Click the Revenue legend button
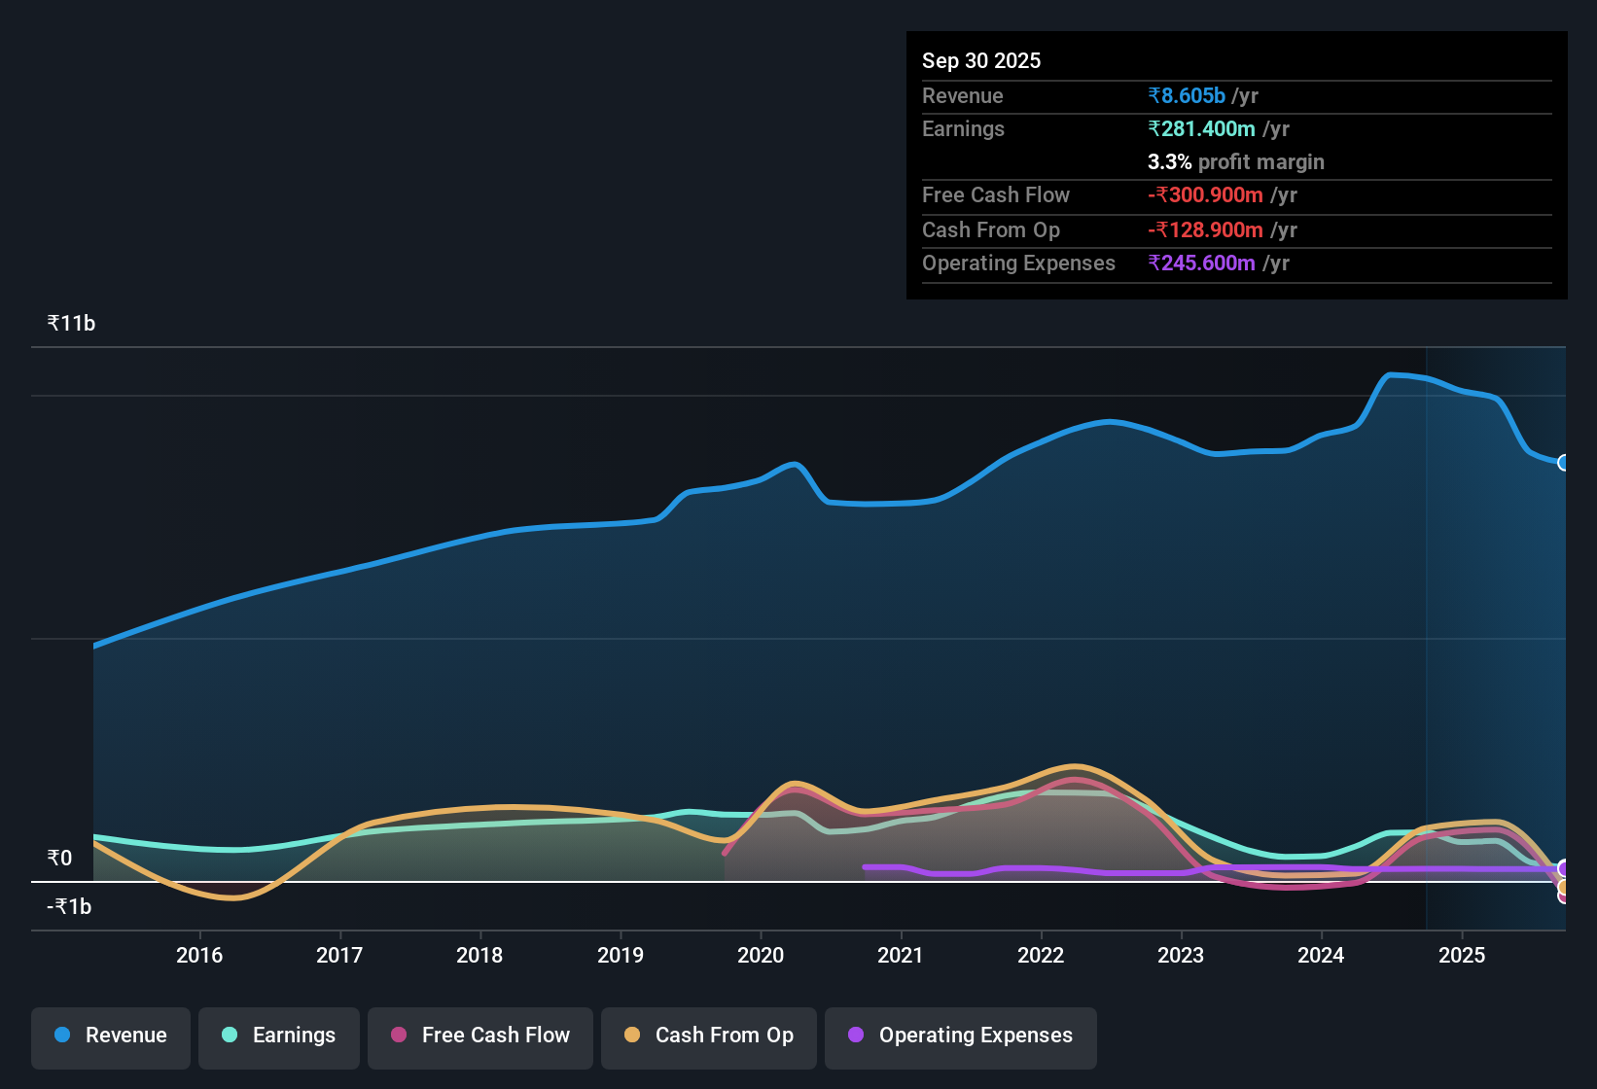coord(111,1036)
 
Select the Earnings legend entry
coord(279,1036)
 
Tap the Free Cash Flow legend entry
coord(480,1036)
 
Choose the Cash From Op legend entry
coord(709,1036)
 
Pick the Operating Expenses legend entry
coord(961,1036)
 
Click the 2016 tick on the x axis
coord(199,955)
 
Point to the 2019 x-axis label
coord(621,955)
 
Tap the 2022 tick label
coord(1041,955)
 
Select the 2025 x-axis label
coord(1462,955)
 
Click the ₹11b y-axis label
coord(71,324)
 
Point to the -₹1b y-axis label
coord(69,906)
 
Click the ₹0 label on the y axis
coord(59,858)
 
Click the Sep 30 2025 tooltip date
coord(980,61)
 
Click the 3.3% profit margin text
coord(1235,162)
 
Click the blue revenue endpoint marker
coord(1563,463)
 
